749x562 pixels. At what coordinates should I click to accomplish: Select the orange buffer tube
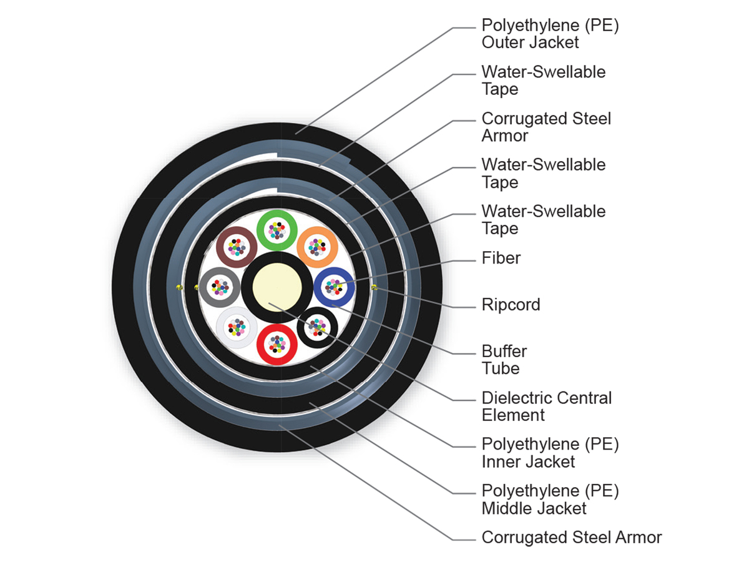(x=317, y=247)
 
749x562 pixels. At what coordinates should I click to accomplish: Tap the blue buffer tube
(x=334, y=287)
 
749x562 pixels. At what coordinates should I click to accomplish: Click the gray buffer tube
(x=220, y=287)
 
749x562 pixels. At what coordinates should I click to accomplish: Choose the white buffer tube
(x=237, y=326)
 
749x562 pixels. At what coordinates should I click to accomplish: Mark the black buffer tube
(x=318, y=327)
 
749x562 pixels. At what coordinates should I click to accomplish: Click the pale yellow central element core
(x=277, y=287)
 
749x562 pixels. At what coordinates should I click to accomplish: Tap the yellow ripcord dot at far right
(x=373, y=287)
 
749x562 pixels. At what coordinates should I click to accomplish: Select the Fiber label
(x=501, y=258)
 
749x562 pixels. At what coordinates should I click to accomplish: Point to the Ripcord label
(x=511, y=305)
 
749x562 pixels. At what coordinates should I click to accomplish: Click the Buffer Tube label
(x=504, y=360)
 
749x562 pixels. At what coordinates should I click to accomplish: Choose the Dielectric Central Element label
(x=547, y=407)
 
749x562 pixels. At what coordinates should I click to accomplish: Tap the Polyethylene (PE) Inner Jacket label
(x=550, y=453)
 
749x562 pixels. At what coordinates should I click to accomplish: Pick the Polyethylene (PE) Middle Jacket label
(x=550, y=499)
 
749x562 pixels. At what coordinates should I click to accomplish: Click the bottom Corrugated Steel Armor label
(x=571, y=538)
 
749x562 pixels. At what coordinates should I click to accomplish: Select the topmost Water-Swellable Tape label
(x=543, y=81)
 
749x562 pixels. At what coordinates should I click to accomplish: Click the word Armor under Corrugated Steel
(x=505, y=136)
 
